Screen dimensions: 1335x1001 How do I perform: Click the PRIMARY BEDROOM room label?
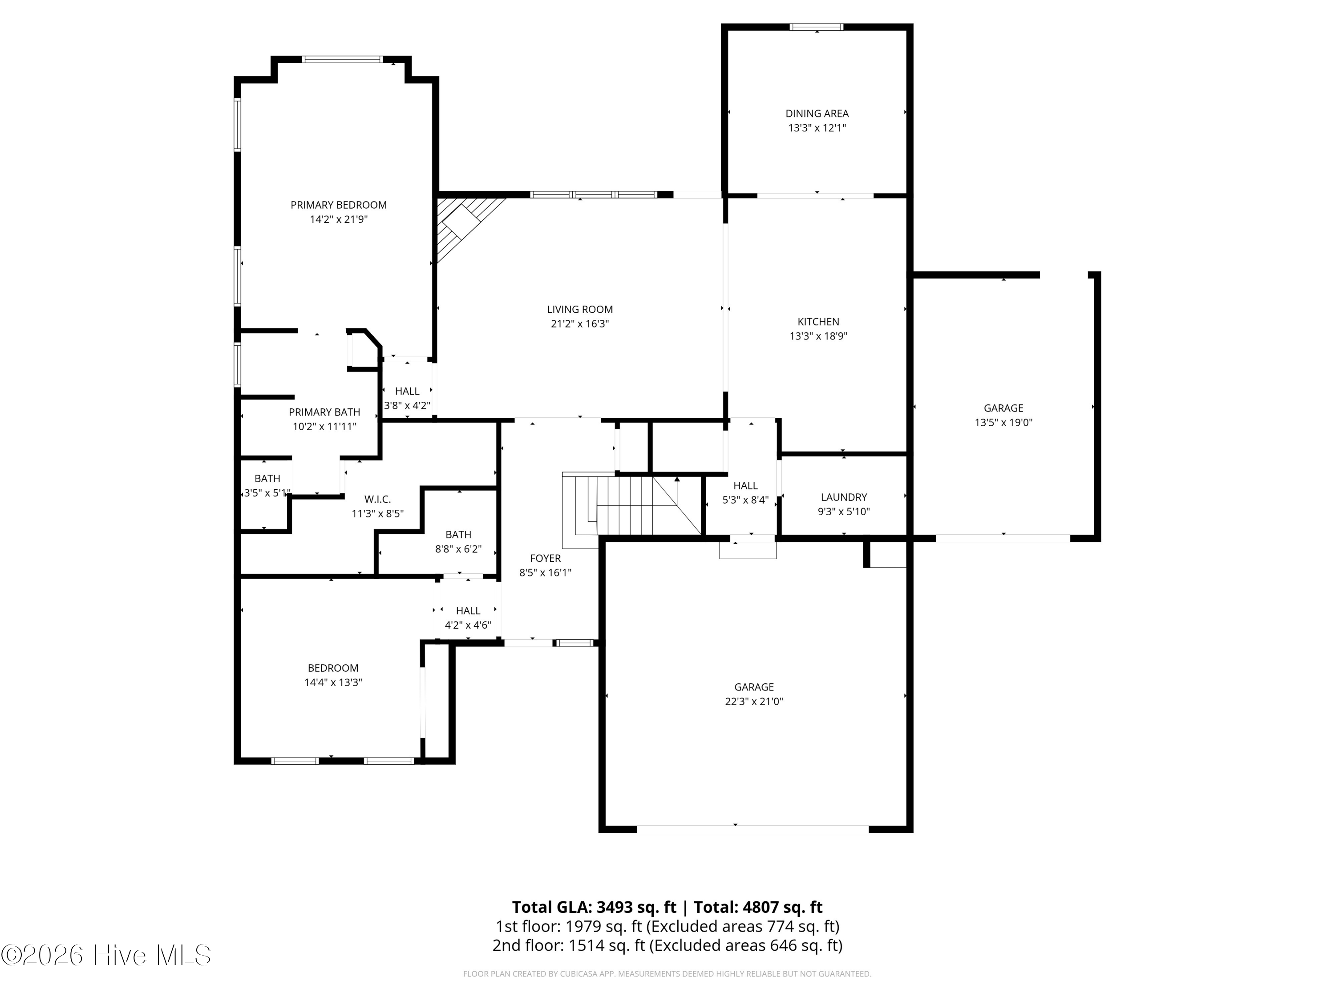click(339, 205)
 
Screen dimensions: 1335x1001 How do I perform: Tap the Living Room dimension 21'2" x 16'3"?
click(580, 324)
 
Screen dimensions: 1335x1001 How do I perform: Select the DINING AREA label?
click(817, 113)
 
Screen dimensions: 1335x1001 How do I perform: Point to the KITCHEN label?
click(818, 322)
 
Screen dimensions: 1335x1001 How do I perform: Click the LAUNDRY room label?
click(844, 497)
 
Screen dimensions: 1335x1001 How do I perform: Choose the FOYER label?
click(546, 559)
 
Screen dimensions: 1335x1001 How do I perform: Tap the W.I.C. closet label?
click(378, 500)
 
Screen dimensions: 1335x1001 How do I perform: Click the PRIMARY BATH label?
click(325, 412)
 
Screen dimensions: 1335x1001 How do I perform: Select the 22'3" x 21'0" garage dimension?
click(754, 701)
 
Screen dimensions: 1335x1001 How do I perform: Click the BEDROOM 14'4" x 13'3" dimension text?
click(333, 682)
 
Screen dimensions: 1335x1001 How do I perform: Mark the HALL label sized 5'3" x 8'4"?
click(746, 486)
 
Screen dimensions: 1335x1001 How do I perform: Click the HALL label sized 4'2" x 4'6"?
click(468, 611)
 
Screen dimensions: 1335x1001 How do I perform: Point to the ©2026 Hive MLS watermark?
click(106, 955)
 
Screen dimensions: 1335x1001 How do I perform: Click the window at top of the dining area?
click(817, 27)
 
